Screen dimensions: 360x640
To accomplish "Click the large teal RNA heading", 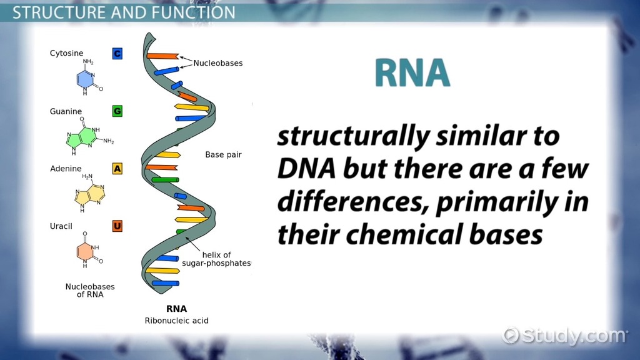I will (x=412, y=73).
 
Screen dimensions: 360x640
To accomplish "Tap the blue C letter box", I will (x=117, y=54).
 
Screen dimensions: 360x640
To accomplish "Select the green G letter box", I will (x=117, y=111).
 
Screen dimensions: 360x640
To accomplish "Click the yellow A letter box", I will (x=117, y=168).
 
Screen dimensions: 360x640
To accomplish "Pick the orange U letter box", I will (x=117, y=226).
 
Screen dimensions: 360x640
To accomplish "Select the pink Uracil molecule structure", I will (x=88, y=251).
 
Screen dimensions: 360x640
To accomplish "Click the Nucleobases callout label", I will (x=217, y=63).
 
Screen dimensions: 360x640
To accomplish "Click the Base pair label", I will (x=223, y=154).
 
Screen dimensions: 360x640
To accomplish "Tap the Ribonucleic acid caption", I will (x=177, y=321).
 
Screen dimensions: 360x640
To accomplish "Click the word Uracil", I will (x=61, y=226).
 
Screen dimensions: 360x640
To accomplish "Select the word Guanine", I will (x=66, y=111).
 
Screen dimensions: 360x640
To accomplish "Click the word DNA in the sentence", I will (x=302, y=169).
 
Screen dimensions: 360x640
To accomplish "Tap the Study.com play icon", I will (x=511, y=335).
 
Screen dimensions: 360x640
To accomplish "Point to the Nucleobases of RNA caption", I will (x=90, y=290).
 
